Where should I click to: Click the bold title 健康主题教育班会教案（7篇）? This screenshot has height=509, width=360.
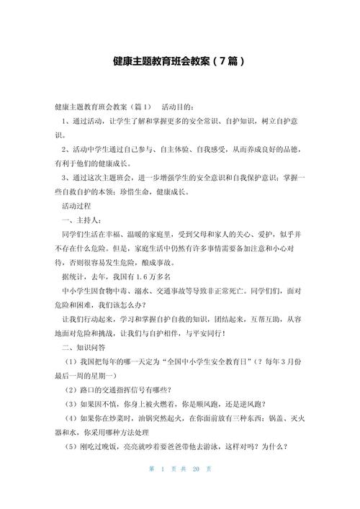pos(179,61)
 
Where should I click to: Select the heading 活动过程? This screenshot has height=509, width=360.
pos(82,206)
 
